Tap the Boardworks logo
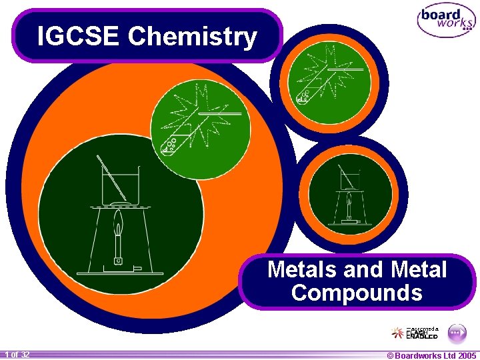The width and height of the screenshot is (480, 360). pyautogui.click(x=446, y=21)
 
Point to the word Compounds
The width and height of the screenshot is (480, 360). pyautogui.click(x=357, y=293)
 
